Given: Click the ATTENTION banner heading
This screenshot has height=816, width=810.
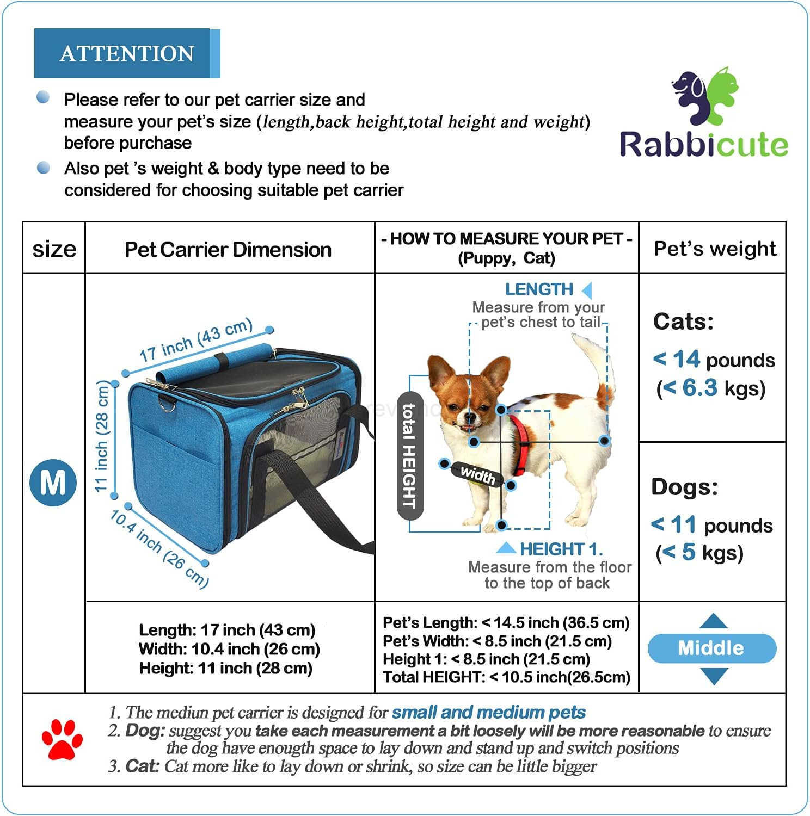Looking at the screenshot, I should [x=126, y=53].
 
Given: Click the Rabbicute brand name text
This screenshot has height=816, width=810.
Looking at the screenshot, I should [x=703, y=145].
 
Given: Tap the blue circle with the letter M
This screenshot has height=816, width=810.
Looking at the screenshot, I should [x=53, y=483].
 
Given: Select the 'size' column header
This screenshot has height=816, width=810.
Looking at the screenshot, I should [x=54, y=249].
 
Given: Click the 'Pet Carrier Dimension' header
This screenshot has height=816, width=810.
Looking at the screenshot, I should [x=228, y=249].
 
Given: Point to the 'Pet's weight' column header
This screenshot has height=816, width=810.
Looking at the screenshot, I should [x=715, y=248].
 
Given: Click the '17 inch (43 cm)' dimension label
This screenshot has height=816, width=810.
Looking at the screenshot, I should [x=196, y=340].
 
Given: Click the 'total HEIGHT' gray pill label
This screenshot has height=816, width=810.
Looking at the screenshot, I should [x=410, y=456].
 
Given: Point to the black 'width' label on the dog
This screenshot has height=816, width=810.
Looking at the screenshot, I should [x=477, y=475].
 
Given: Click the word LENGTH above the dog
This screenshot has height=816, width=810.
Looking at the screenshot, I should [x=539, y=289].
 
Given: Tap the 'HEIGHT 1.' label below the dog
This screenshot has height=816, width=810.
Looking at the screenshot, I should [x=561, y=549].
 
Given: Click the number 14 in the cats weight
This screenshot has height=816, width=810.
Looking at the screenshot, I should [x=686, y=360].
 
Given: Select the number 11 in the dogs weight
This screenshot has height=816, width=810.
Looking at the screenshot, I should [x=683, y=525].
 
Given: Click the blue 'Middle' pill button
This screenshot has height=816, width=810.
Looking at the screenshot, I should [x=711, y=648].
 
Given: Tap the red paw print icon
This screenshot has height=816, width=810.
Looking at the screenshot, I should [x=62, y=739].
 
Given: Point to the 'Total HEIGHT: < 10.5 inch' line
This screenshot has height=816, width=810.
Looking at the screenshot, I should [x=506, y=677].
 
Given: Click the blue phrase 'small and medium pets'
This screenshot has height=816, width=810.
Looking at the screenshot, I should [x=488, y=712].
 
